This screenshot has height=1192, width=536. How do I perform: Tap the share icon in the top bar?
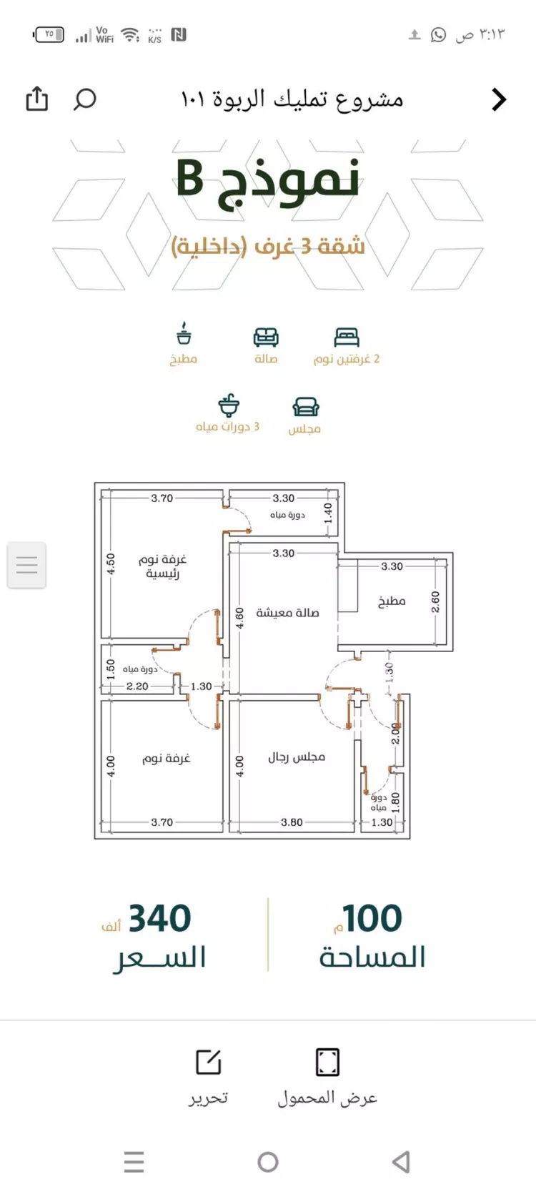pos(36,99)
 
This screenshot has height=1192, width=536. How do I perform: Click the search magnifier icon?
pos(84,99)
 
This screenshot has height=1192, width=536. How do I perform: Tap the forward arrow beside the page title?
pos(499,99)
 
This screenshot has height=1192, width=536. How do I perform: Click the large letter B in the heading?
pos(191,179)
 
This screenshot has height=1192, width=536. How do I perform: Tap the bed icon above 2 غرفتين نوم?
pos(347,336)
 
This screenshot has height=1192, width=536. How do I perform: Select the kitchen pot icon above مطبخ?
pos(184,334)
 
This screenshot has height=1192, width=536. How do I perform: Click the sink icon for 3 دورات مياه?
pos(229,405)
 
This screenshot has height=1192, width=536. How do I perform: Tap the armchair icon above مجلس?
pos(305,407)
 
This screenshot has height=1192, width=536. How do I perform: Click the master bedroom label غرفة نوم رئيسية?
pos(162,566)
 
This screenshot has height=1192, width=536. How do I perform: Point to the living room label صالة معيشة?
pos(287,613)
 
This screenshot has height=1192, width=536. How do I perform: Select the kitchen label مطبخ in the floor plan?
pos(392,601)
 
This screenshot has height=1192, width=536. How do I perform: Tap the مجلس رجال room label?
pos(297,757)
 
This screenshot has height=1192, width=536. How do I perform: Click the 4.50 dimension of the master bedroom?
pos(111,563)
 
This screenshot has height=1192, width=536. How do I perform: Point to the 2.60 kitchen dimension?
pos(435,601)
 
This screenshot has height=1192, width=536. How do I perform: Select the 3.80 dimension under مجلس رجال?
pos(292,822)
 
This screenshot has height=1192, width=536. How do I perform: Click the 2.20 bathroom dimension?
pos(137,686)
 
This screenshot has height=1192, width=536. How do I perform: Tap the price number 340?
pos(159,918)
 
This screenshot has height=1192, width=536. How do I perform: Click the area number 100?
pos(372,918)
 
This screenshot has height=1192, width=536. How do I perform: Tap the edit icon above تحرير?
pos(209,1062)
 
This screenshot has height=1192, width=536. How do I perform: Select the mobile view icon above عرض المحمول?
pos(327,1062)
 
